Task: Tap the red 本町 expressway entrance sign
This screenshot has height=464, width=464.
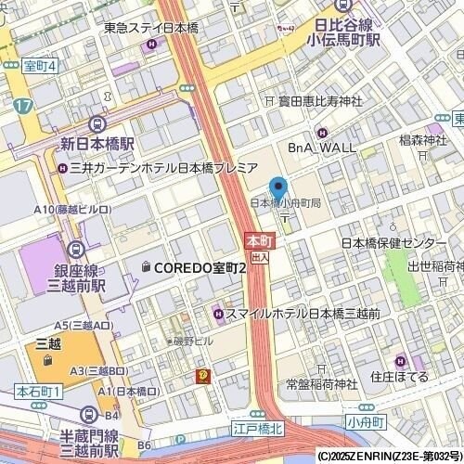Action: point(257,240)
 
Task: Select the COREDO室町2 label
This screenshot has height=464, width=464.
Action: point(200,267)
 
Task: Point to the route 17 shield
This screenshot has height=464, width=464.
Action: point(22,105)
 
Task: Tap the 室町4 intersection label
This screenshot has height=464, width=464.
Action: point(40,66)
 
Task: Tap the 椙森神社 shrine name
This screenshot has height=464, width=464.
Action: point(422,140)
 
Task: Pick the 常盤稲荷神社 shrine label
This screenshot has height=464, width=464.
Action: point(321,383)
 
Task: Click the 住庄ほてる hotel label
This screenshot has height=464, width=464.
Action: point(399,377)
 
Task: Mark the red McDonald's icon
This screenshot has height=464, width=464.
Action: point(200,376)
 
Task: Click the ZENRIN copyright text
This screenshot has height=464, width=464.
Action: point(390,457)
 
